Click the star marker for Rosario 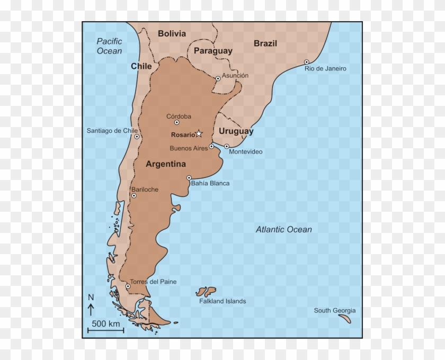[199, 133]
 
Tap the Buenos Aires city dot [211, 146]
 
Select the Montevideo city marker [227, 146]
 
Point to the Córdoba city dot [177, 122]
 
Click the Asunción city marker [218, 78]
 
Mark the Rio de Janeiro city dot [306, 62]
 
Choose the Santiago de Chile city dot [137, 137]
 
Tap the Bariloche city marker [134, 195]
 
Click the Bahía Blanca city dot [189, 178]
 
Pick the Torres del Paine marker [128, 286]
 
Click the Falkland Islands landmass [206, 291]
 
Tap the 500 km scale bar [105, 331]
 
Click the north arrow [91, 309]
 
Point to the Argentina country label [166, 164]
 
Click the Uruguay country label [236, 131]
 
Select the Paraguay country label [213, 51]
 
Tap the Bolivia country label [172, 34]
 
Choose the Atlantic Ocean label [283, 229]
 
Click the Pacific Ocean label [109, 46]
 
